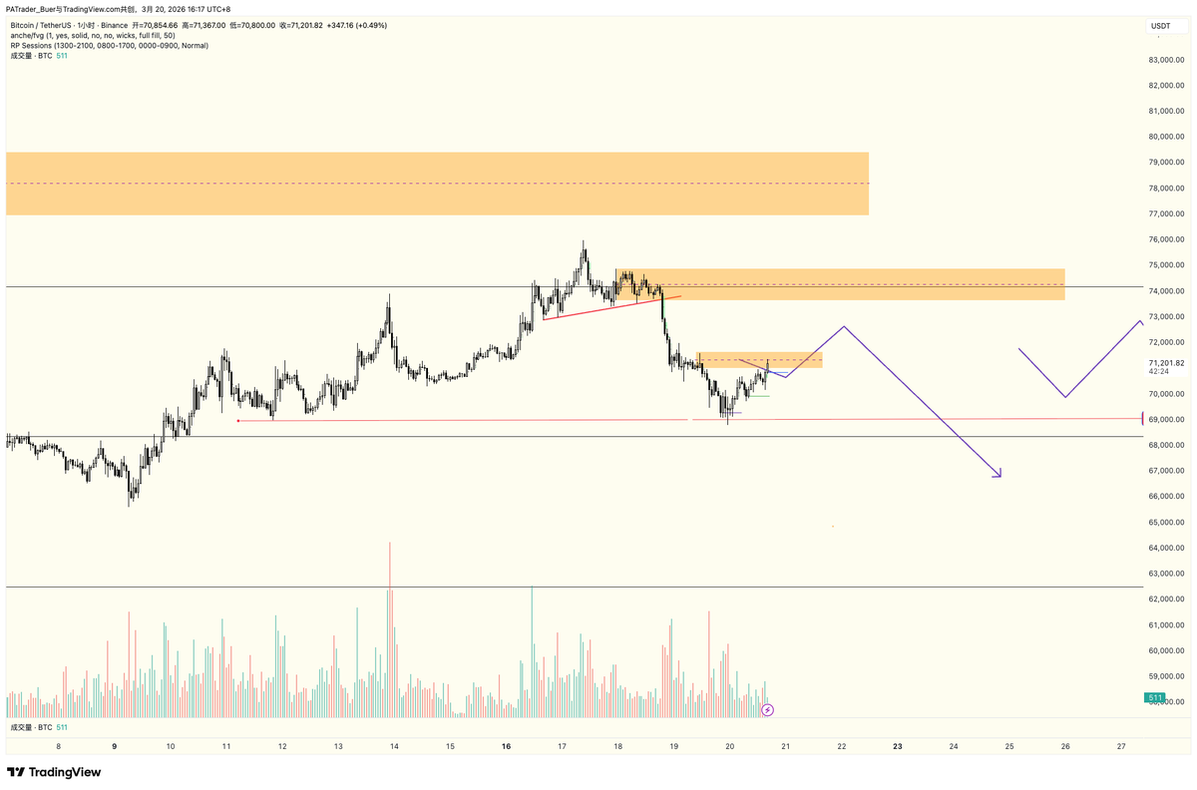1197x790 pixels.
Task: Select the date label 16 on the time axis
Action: coord(507,746)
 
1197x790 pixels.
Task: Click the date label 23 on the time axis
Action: coord(898,746)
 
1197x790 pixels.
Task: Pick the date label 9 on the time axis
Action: coord(115,746)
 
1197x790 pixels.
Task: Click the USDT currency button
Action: coord(1161,26)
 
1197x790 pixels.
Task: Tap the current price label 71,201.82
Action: coord(1166,363)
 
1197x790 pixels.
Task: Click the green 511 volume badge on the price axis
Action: coord(1155,697)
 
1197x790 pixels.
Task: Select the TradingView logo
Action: coord(54,772)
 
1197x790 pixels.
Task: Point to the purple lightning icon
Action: coord(767,710)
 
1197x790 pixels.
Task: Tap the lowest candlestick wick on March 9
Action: coord(131,505)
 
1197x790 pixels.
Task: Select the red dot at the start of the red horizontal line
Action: coord(238,421)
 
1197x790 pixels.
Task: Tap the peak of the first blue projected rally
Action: coord(844,327)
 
